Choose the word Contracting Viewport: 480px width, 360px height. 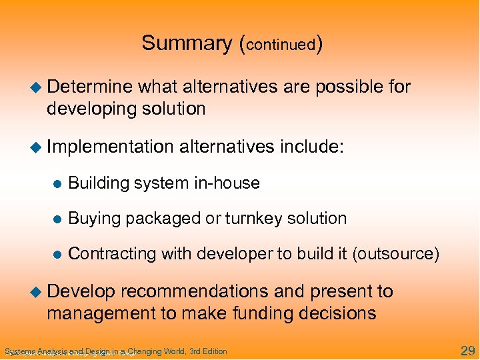point(105,254)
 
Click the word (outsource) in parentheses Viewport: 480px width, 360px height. point(402,254)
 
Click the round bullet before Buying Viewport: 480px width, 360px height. point(58,219)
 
